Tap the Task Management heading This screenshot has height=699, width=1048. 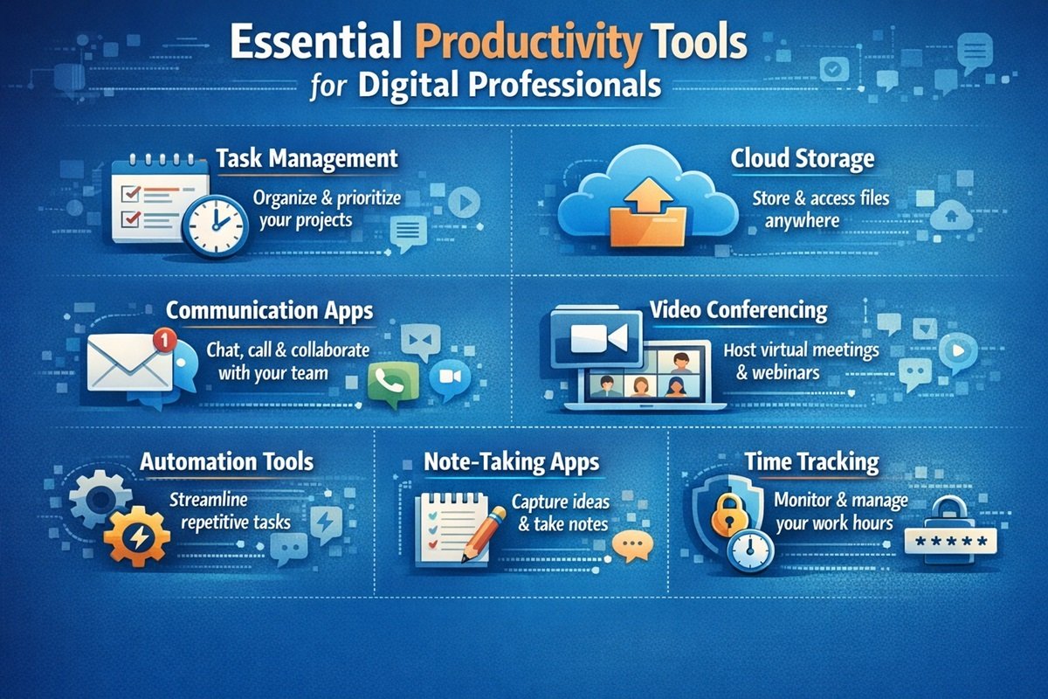tap(306, 159)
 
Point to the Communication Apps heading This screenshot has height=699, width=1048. tap(267, 310)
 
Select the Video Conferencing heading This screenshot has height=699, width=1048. tap(738, 310)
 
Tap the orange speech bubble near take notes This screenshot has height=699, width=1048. tap(628, 545)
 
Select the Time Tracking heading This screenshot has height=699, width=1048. tap(811, 461)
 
